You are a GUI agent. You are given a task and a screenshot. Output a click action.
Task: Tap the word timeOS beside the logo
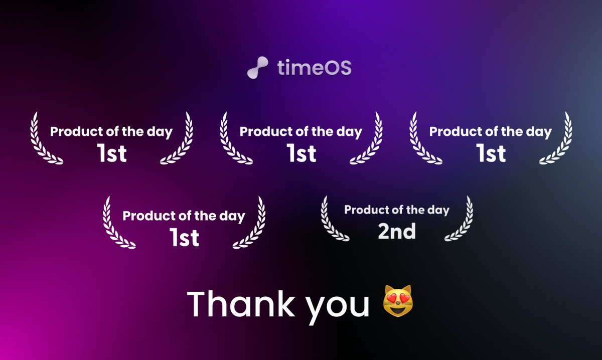pos(314,68)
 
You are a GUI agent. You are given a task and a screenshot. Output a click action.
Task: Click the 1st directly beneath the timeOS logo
pos(301,153)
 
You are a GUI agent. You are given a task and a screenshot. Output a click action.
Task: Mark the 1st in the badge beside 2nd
pos(184,238)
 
